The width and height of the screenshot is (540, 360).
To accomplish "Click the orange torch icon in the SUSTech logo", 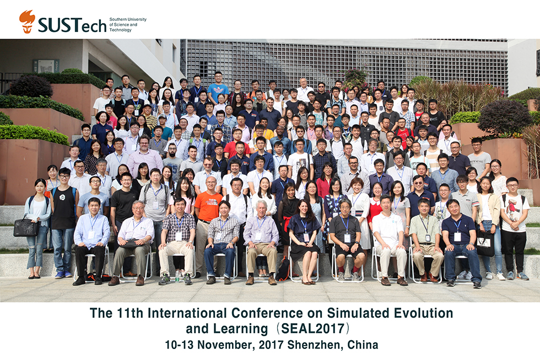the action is click(x=27, y=22).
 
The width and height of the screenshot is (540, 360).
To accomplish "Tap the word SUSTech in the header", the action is click(x=72, y=25).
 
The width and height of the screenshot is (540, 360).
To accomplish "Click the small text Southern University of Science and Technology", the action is click(x=127, y=25).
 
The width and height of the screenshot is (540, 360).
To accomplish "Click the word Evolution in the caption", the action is click(x=423, y=313).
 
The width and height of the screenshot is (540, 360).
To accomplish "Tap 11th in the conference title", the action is click(x=130, y=313).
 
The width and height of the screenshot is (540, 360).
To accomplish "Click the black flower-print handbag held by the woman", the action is click(x=26, y=227).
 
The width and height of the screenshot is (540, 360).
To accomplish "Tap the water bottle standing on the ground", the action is click(x=177, y=275).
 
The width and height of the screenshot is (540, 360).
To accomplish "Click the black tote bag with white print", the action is click(x=485, y=243).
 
